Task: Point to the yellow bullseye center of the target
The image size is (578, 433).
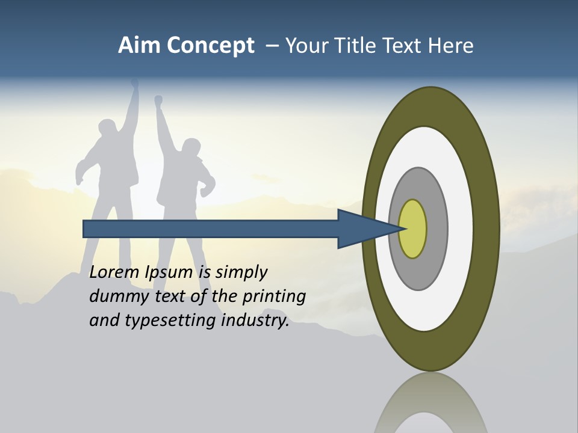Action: [413, 229]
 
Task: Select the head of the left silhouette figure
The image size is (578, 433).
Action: [108, 129]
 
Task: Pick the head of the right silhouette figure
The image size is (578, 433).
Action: [191, 147]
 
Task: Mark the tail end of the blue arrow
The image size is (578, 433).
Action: [85, 229]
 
